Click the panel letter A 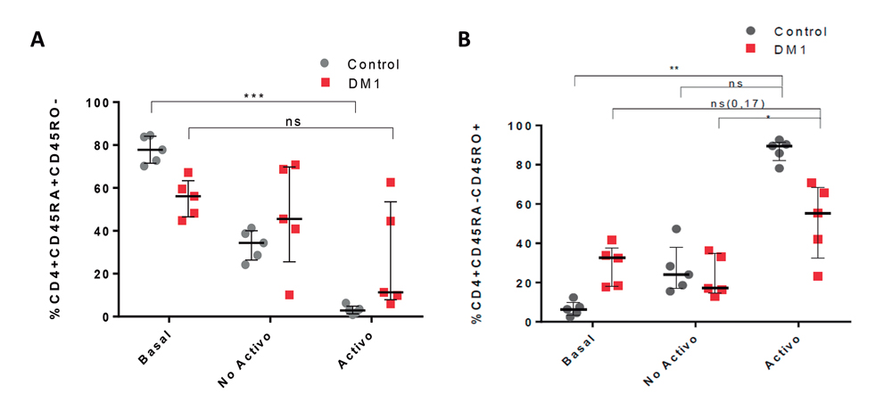[x=37, y=38]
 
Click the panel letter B [x=464, y=40]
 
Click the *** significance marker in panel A [x=253, y=96]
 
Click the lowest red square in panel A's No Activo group [x=289, y=295]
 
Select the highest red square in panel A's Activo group [x=391, y=183]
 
